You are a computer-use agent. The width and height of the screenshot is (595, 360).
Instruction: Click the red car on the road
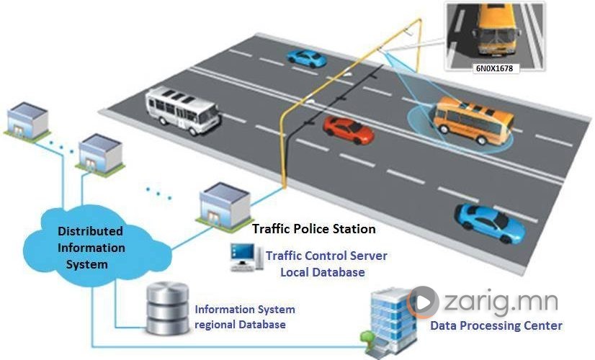point(349,130)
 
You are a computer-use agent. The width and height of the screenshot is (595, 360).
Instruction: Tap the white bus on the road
point(182,110)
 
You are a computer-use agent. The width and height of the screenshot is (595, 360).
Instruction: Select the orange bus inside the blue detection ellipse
point(473,120)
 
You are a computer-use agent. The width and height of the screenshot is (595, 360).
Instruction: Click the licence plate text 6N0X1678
point(494,68)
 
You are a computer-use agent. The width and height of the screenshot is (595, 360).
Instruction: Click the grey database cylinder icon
point(168,308)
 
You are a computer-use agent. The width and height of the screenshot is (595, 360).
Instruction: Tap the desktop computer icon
point(246,257)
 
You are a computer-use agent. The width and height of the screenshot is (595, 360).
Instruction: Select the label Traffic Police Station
point(314,229)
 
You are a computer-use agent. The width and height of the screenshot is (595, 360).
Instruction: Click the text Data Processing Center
point(496,325)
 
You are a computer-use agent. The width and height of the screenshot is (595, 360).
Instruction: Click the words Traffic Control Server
point(326,256)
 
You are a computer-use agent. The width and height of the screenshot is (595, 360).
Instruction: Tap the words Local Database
point(323,272)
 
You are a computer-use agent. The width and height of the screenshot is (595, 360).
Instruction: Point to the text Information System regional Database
point(245,317)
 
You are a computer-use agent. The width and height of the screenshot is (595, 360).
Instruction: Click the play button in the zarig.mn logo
point(423,302)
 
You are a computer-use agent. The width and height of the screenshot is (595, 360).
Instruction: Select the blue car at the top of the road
point(306,59)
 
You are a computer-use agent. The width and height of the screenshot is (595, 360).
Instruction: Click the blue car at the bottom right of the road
point(491,223)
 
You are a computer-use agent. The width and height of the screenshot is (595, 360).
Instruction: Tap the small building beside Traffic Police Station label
point(225,207)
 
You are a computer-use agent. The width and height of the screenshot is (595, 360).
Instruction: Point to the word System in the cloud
point(87,264)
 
